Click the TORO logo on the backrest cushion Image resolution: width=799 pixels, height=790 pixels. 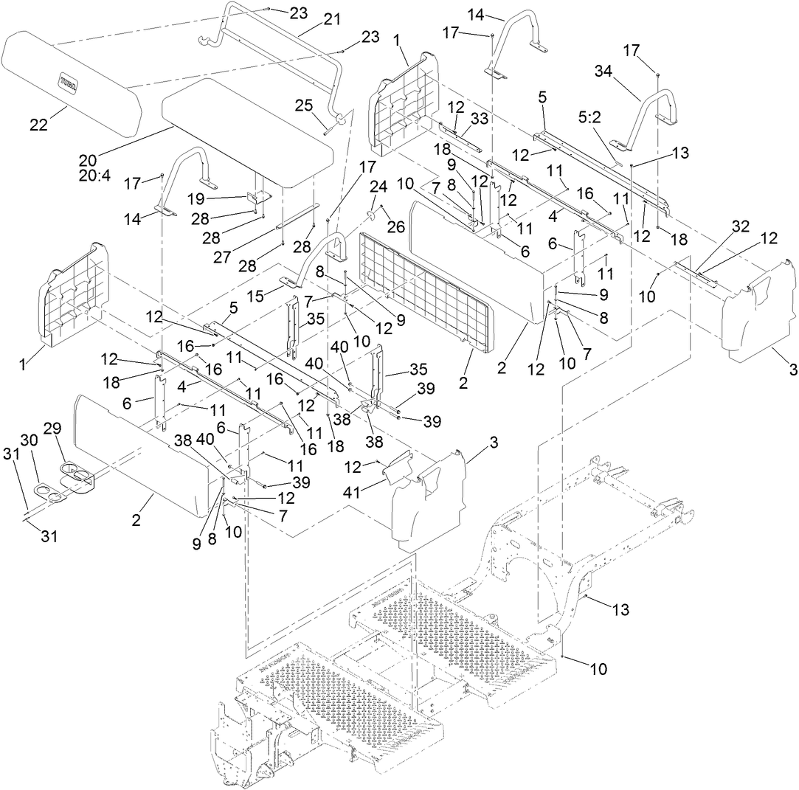71,78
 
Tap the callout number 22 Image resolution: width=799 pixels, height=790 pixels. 38,125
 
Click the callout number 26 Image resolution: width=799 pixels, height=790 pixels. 396,227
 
